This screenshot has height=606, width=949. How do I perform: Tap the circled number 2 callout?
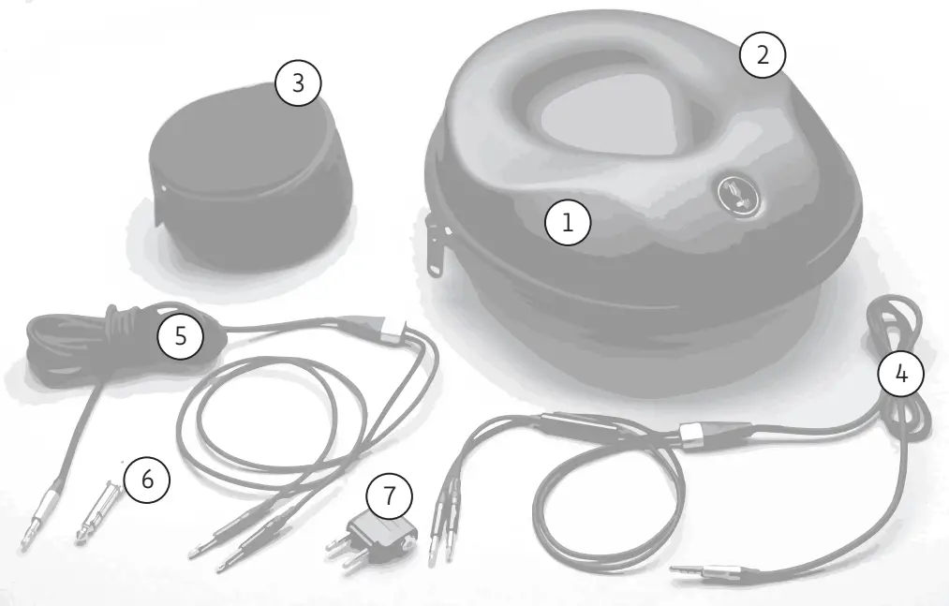tap(763, 55)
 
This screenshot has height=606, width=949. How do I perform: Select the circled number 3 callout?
tap(298, 83)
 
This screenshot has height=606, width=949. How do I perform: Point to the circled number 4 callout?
tap(900, 374)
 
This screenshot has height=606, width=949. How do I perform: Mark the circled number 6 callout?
tap(146, 480)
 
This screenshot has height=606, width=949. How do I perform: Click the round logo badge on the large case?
tap(734, 194)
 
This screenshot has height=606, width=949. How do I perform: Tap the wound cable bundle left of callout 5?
tap(75, 347)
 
